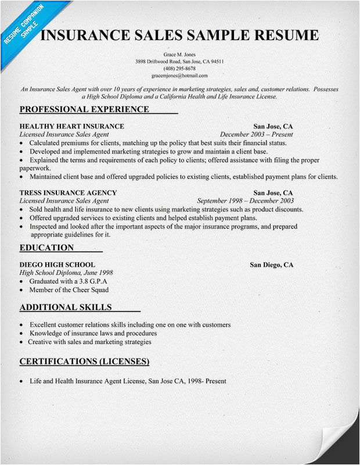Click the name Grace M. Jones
[x=179, y=53]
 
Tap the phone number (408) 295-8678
[x=179, y=68]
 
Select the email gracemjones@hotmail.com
[x=179, y=76]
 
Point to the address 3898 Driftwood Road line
[x=179, y=61]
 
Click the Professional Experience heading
[x=84, y=109]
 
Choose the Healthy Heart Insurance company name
[x=71, y=126]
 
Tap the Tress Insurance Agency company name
[x=68, y=192]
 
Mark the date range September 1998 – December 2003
[x=246, y=201]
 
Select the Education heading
[x=46, y=248]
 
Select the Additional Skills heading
[x=65, y=307]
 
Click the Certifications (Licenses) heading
[x=84, y=362]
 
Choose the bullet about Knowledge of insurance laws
[x=93, y=334]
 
